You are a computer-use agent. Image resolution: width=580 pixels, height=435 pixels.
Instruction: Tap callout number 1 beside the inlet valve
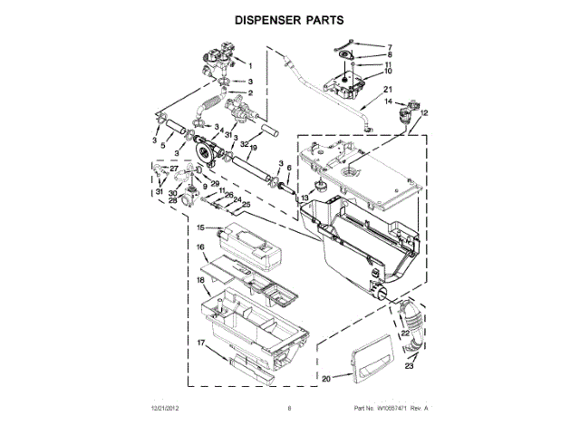pyautogui.click(x=250, y=65)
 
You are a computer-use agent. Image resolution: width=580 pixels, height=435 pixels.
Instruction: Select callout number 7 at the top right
pyautogui.click(x=390, y=46)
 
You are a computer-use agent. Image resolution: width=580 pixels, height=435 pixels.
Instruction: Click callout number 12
pyautogui.click(x=424, y=111)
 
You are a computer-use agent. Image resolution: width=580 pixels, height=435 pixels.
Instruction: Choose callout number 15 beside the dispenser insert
pyautogui.click(x=202, y=228)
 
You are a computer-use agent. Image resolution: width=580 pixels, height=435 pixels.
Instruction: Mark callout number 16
pyautogui.click(x=202, y=246)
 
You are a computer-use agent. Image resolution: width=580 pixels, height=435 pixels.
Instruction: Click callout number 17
pyautogui.click(x=201, y=343)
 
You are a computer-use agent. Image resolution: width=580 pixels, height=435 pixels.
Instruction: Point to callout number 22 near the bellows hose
pyautogui.click(x=405, y=333)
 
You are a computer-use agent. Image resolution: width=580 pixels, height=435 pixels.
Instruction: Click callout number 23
pyautogui.click(x=409, y=367)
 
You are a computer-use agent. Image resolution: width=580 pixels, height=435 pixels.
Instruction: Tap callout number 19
pyautogui.click(x=255, y=148)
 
